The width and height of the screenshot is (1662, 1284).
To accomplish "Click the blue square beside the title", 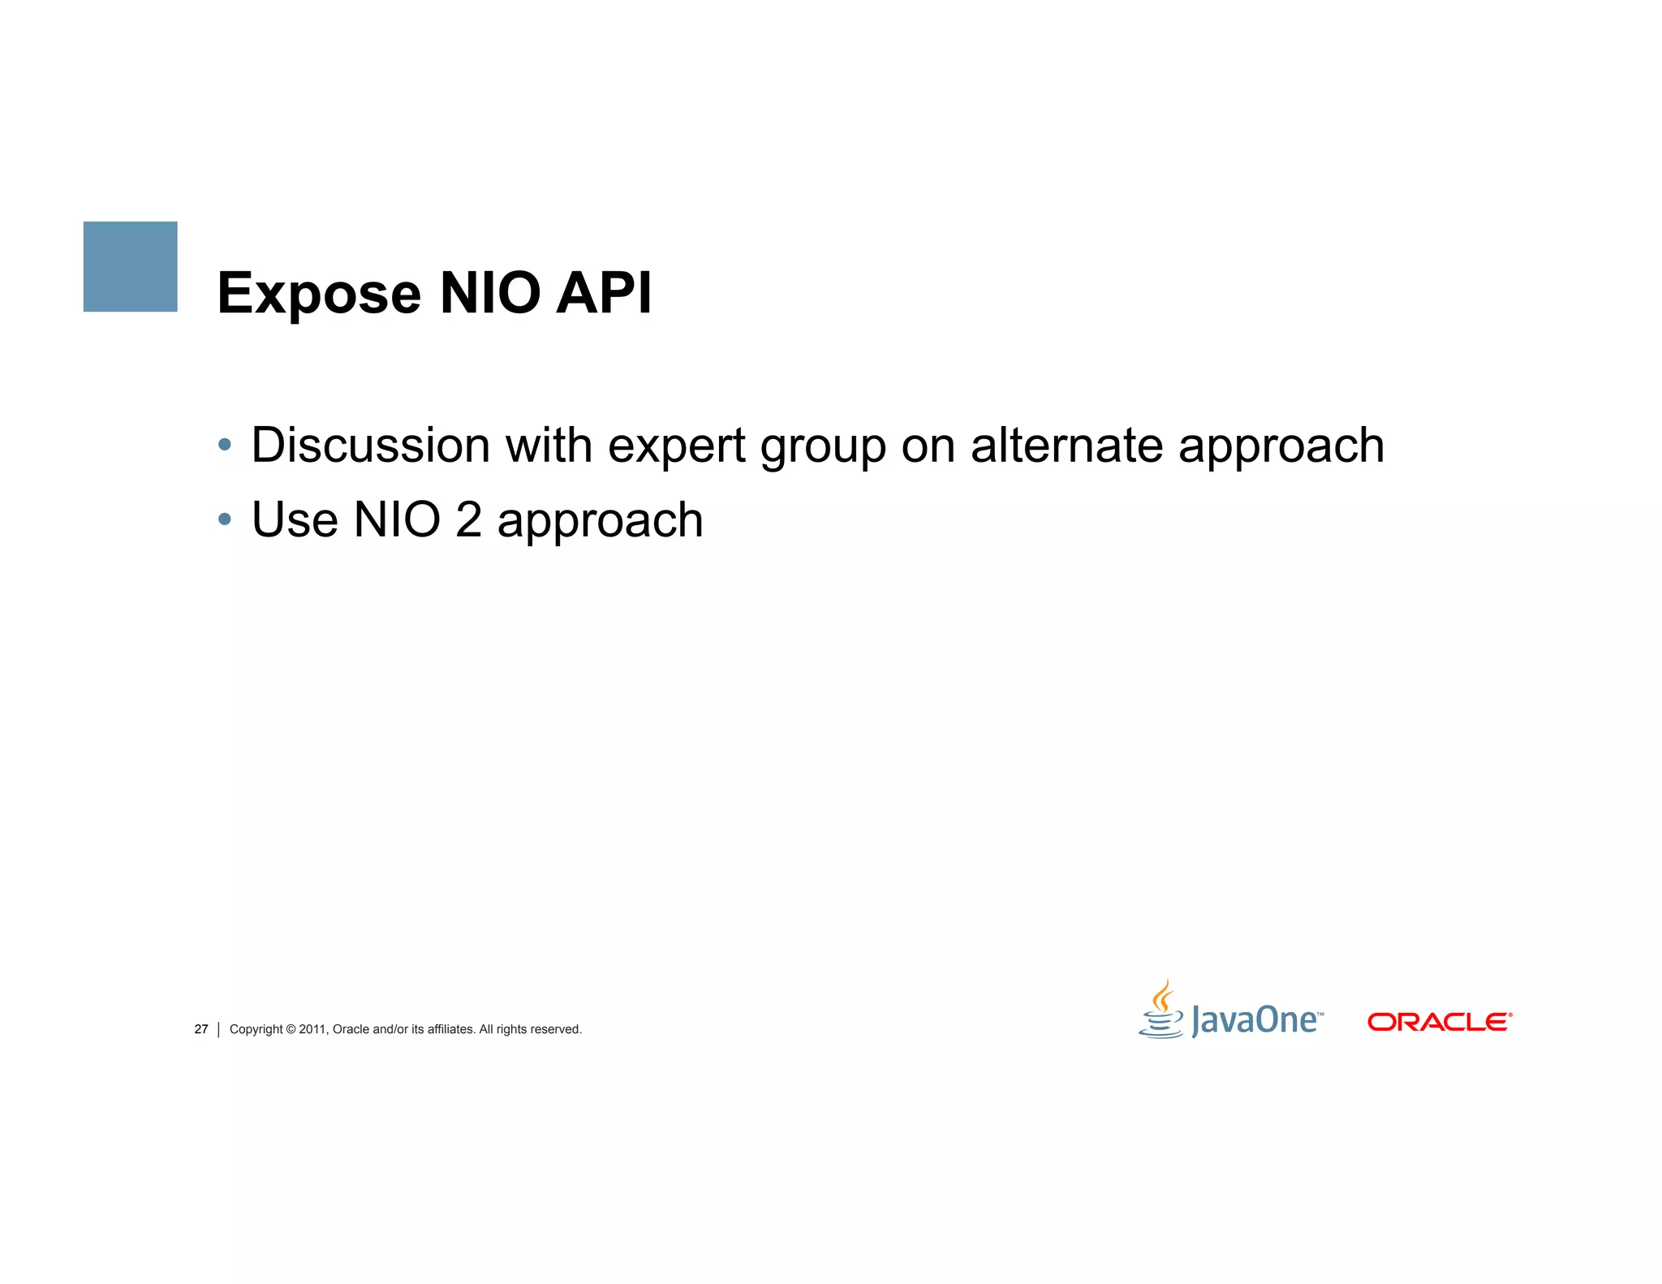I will [130, 266].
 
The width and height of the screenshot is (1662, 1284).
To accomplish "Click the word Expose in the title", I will [319, 294].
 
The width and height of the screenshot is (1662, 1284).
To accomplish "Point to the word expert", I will [676, 446].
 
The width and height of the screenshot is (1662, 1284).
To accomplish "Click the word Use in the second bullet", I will [295, 519].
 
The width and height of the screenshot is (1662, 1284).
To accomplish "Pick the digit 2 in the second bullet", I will [468, 519].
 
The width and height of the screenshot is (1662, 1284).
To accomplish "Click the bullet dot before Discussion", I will [225, 445].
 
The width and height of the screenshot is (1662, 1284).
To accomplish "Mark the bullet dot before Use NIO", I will [225, 519].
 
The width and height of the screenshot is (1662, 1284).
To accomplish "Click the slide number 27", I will [201, 1029].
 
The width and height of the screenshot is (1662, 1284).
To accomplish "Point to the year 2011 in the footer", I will [312, 1029].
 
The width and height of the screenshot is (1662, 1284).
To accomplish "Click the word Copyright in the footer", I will [256, 1029].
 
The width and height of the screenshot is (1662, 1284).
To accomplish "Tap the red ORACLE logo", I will [1440, 1022].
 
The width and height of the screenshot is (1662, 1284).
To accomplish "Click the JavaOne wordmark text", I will [1255, 1020].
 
